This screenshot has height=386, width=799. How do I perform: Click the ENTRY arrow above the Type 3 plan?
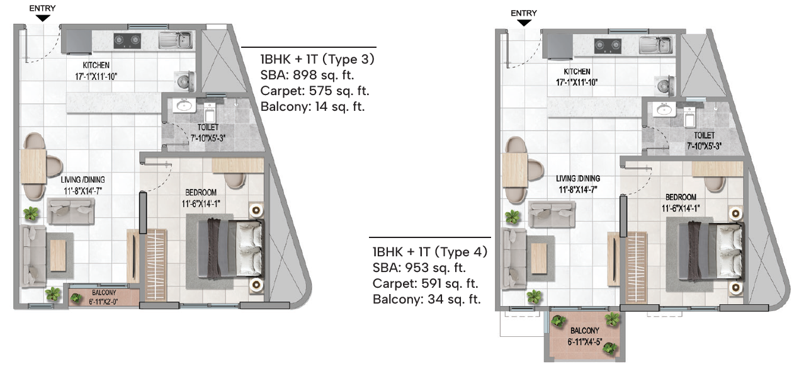(x=42, y=18)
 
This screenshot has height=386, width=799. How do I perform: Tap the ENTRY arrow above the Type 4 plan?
(x=524, y=23)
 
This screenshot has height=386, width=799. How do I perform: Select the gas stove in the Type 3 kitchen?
(x=127, y=41)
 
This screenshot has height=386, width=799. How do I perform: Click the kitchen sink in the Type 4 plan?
(x=656, y=45)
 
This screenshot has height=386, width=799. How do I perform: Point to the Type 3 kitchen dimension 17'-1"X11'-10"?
(x=96, y=76)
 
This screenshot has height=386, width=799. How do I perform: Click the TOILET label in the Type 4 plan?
(x=704, y=135)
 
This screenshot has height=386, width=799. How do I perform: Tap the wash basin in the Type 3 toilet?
(x=184, y=106)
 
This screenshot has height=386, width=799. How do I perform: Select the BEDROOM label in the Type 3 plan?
(x=201, y=192)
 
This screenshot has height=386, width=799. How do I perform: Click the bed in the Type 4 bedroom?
(x=711, y=251)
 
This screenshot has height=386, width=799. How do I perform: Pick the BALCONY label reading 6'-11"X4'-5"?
(x=585, y=331)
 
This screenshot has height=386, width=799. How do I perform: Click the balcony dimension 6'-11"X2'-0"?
(x=103, y=302)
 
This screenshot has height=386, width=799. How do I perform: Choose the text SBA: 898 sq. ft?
(x=307, y=75)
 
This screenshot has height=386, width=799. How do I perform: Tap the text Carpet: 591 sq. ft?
(x=425, y=283)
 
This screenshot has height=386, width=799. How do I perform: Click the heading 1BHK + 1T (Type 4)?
(x=430, y=252)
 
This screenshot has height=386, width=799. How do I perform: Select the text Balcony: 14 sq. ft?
(x=312, y=106)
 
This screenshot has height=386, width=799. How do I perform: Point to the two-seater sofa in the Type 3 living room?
(x=71, y=212)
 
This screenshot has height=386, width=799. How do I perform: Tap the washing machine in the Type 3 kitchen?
(x=184, y=81)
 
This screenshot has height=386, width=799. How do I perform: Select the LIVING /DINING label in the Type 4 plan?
(x=578, y=178)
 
